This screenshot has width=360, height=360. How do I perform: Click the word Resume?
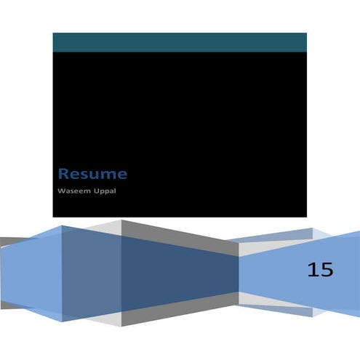(x=92, y=174)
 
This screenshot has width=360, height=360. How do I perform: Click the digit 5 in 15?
(x=327, y=270)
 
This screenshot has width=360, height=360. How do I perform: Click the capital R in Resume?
(x=63, y=174)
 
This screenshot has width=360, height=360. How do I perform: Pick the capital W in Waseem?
(x=62, y=191)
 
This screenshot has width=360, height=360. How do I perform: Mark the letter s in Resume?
(x=84, y=175)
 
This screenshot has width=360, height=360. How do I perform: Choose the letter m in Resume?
(x=109, y=175)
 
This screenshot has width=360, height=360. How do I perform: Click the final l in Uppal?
(x=115, y=191)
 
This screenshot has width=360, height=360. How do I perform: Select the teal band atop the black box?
(x=180, y=42)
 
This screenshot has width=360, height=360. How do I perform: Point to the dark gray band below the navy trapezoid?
(x=180, y=309)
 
